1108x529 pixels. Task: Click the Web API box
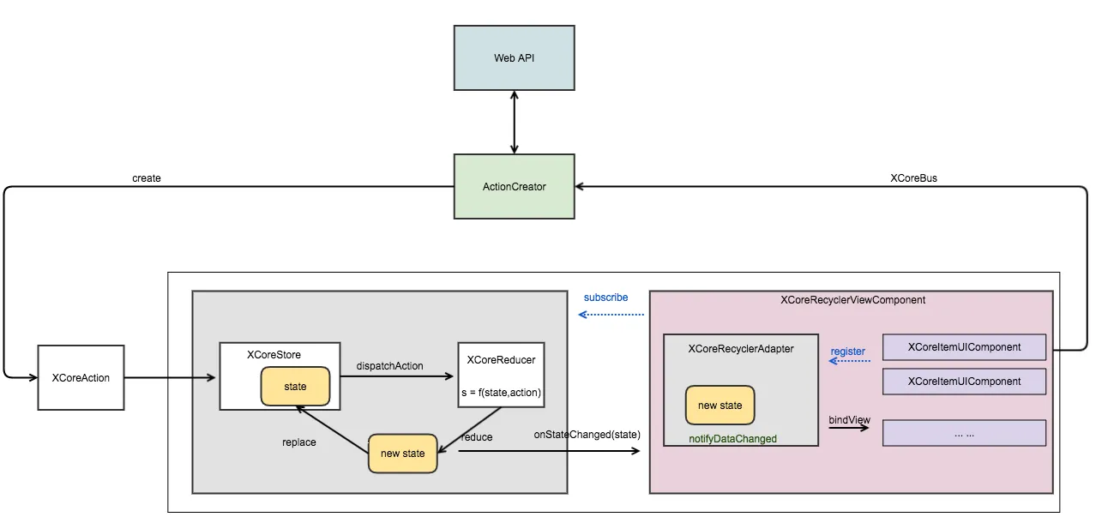pyautogui.click(x=514, y=58)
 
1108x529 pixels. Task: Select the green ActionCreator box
pyautogui.click(x=514, y=186)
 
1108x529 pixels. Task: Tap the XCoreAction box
pyautogui.click(x=81, y=377)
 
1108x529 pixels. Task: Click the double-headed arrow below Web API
pyautogui.click(x=514, y=122)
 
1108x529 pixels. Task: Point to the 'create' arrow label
pyautogui.click(x=147, y=178)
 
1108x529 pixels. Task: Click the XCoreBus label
pyautogui.click(x=913, y=178)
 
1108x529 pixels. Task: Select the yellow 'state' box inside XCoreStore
pyautogui.click(x=295, y=387)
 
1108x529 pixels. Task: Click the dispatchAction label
pyautogui.click(x=389, y=366)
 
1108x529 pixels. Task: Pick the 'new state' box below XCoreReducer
pyautogui.click(x=402, y=454)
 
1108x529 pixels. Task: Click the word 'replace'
pyautogui.click(x=298, y=442)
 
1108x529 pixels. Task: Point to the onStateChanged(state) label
pyautogui.click(x=587, y=434)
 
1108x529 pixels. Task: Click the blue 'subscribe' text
pyautogui.click(x=605, y=298)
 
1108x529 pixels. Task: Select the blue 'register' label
pyautogui.click(x=847, y=352)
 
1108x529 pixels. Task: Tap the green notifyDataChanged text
pyautogui.click(x=732, y=439)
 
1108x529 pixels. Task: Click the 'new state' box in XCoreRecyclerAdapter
pyautogui.click(x=720, y=405)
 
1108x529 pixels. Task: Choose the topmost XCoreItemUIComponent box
pyautogui.click(x=964, y=347)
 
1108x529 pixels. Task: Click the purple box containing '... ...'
pyautogui.click(x=964, y=433)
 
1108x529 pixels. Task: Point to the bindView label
pyautogui.click(x=849, y=420)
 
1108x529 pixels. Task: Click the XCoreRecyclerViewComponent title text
pyautogui.click(x=852, y=300)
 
